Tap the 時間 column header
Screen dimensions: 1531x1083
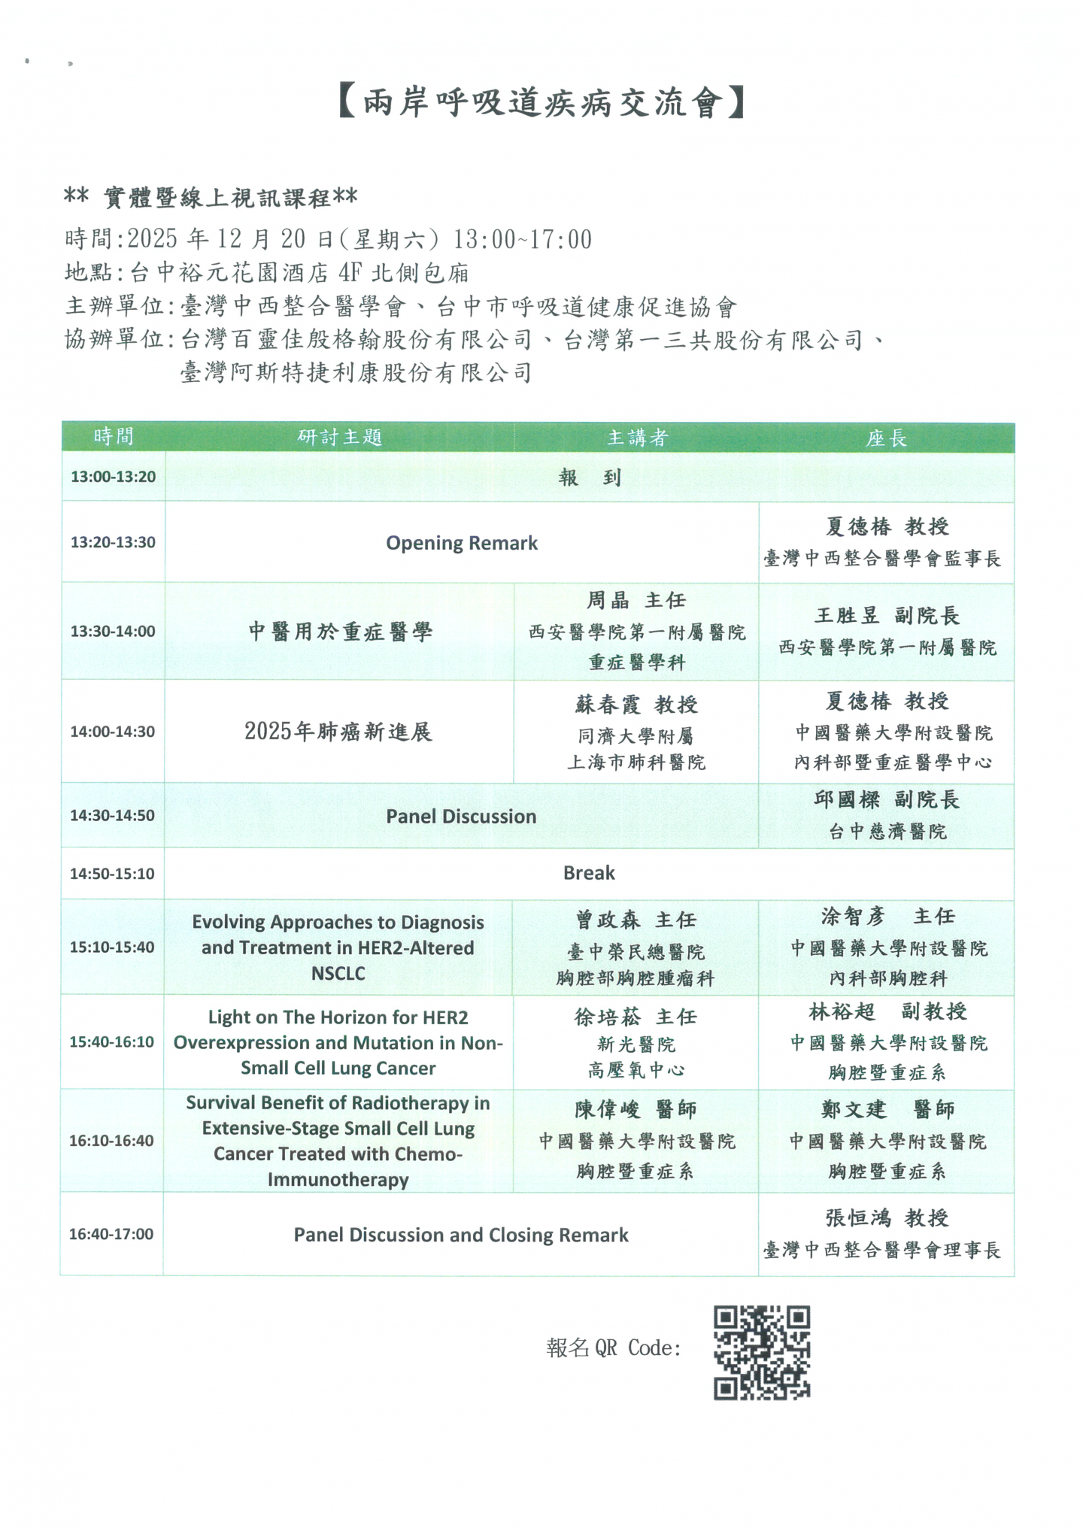coord(114,436)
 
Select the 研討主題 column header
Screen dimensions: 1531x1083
coord(340,437)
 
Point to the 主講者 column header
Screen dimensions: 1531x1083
coord(637,438)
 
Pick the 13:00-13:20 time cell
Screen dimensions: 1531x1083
coord(113,477)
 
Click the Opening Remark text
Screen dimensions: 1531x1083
coord(462,543)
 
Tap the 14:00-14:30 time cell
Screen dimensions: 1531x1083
coord(113,732)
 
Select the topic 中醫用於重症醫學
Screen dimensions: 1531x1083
coord(340,632)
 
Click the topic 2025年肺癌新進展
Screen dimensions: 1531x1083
coord(338,732)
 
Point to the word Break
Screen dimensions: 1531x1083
coord(589,873)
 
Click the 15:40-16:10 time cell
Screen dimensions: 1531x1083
coord(112,1042)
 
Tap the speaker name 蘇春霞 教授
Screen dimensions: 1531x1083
coord(637,705)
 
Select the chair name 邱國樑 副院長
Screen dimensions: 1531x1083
coord(887,800)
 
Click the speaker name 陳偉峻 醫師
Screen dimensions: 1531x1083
coord(636,1109)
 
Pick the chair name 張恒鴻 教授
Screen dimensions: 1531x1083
coord(887,1218)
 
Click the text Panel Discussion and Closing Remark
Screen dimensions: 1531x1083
coord(461,1235)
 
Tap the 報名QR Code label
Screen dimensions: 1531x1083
coord(613,1348)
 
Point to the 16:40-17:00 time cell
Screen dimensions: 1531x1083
coord(111,1234)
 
